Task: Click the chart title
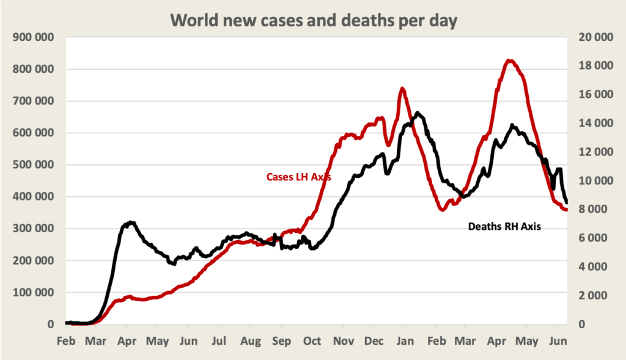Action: click(313, 20)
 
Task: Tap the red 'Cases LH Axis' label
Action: click(298, 177)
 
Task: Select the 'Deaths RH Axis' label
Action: click(504, 226)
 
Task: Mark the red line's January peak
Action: click(402, 89)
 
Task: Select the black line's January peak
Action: click(418, 113)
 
